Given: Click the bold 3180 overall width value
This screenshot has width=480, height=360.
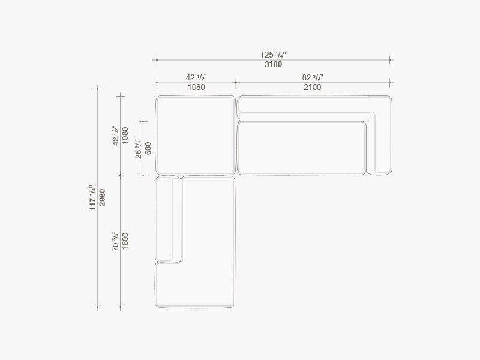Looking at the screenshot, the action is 274,65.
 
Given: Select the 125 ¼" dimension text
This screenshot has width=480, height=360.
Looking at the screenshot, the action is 274,55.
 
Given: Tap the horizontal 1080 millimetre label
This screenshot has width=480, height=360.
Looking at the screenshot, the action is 196,87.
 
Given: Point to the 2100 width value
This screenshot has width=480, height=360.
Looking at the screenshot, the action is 313,87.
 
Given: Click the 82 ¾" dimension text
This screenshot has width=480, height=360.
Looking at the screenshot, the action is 313,77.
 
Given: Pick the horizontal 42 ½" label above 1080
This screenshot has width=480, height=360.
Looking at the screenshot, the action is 196,77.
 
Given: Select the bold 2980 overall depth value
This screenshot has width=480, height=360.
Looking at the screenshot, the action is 102,197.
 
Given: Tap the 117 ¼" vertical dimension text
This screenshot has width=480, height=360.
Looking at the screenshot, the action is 93,197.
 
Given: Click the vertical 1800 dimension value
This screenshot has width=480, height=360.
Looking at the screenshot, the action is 125,241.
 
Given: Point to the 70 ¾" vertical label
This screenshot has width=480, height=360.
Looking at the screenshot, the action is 115,241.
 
